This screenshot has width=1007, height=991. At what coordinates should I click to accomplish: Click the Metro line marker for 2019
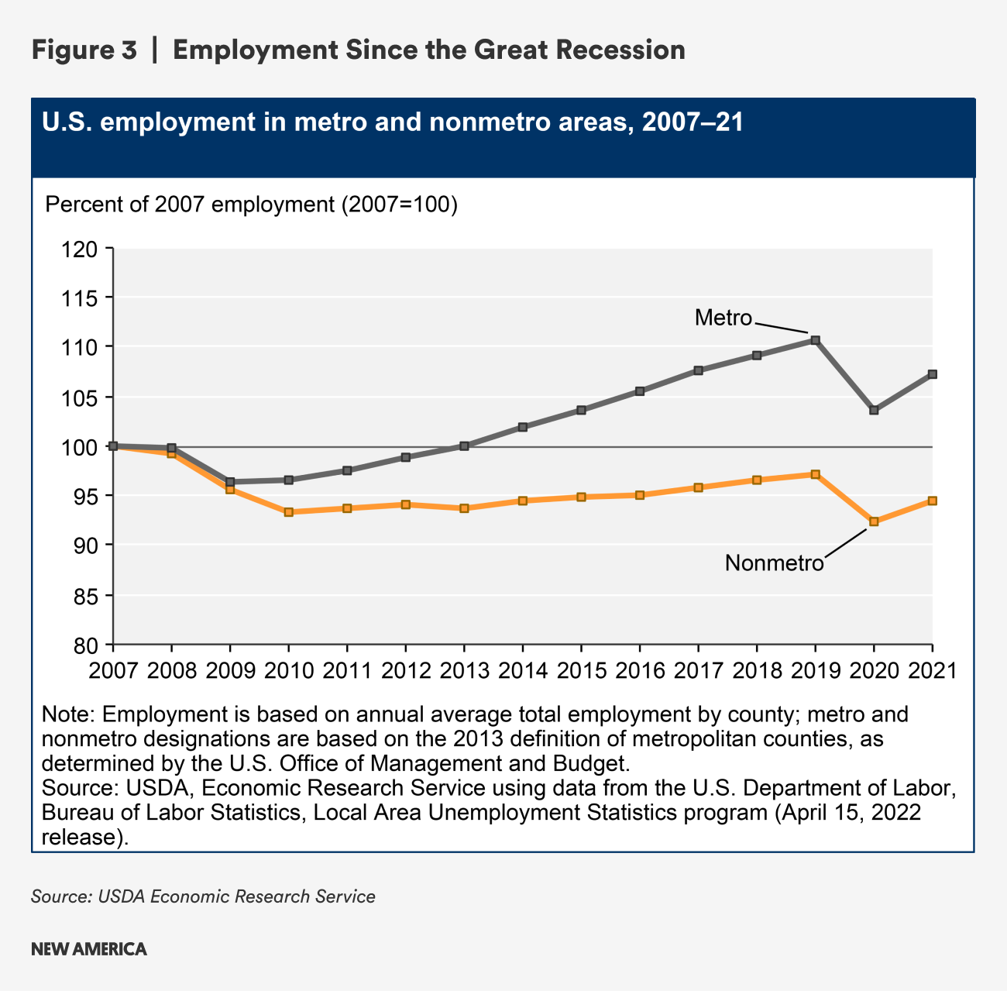point(815,340)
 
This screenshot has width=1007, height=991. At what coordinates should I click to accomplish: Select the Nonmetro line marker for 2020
point(874,521)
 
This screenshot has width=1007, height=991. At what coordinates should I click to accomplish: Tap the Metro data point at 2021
point(932,374)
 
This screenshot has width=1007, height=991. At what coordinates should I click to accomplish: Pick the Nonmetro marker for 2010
point(289,512)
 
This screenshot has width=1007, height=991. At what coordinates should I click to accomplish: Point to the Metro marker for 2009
point(230,482)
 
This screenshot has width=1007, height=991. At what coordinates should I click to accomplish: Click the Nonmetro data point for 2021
point(932,501)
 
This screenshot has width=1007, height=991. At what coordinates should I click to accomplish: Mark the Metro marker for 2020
point(874,410)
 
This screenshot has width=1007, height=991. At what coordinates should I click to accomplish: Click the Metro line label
point(723,318)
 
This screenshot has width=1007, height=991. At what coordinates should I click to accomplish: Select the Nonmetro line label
point(774,563)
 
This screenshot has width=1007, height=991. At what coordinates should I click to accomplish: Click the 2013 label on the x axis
point(464,669)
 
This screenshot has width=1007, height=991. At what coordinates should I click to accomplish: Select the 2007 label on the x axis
point(113,669)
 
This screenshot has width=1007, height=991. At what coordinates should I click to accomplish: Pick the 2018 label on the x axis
point(757,669)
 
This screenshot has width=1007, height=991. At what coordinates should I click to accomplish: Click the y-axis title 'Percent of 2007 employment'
point(252,205)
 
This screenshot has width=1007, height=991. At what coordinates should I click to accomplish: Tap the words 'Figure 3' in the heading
point(84,50)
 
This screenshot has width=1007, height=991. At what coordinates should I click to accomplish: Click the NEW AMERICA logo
point(89,949)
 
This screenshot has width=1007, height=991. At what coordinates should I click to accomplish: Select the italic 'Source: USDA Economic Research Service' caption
point(203,896)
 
